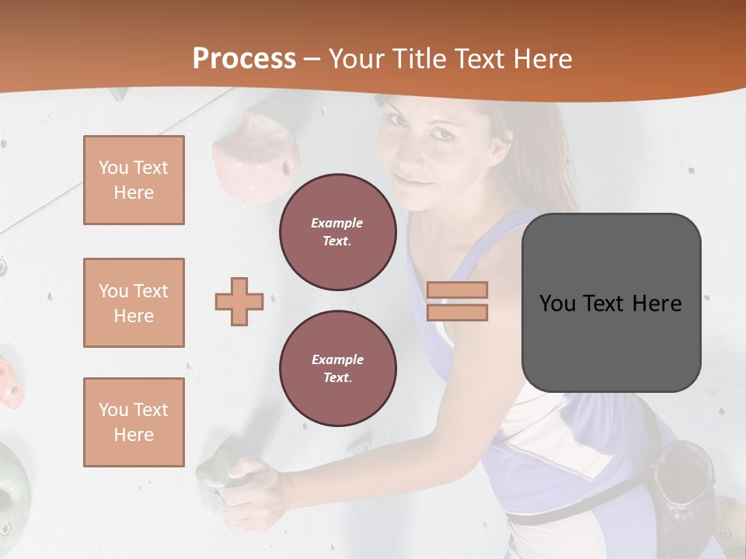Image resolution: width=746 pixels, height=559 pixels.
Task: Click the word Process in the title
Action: click(x=244, y=59)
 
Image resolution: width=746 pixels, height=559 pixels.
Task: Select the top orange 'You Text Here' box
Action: click(x=134, y=180)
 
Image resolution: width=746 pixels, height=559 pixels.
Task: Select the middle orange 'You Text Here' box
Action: click(x=134, y=303)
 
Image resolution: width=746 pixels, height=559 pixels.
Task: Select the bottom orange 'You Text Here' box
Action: click(x=134, y=422)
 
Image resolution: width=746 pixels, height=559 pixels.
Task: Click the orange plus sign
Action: click(x=239, y=301)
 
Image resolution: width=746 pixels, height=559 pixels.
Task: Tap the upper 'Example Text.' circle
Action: click(x=337, y=232)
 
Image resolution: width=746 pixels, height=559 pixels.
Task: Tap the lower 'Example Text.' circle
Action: click(x=337, y=369)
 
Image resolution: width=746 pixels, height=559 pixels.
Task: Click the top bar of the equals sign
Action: click(x=457, y=290)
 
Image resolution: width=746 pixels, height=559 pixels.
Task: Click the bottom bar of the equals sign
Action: click(x=457, y=312)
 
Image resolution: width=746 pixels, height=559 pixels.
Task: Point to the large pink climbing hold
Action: click(x=256, y=155)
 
